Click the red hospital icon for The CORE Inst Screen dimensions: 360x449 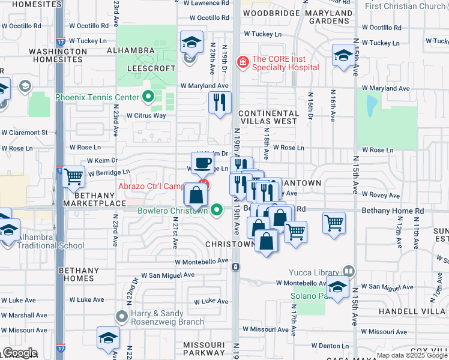click(x=243, y=61)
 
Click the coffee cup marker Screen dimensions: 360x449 click(x=203, y=161)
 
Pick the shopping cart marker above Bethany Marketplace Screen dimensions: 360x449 click(x=74, y=176)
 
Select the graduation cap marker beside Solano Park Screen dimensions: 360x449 click(x=337, y=287)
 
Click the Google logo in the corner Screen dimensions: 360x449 click(x=20, y=353)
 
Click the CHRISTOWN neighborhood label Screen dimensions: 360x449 click(x=230, y=245)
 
